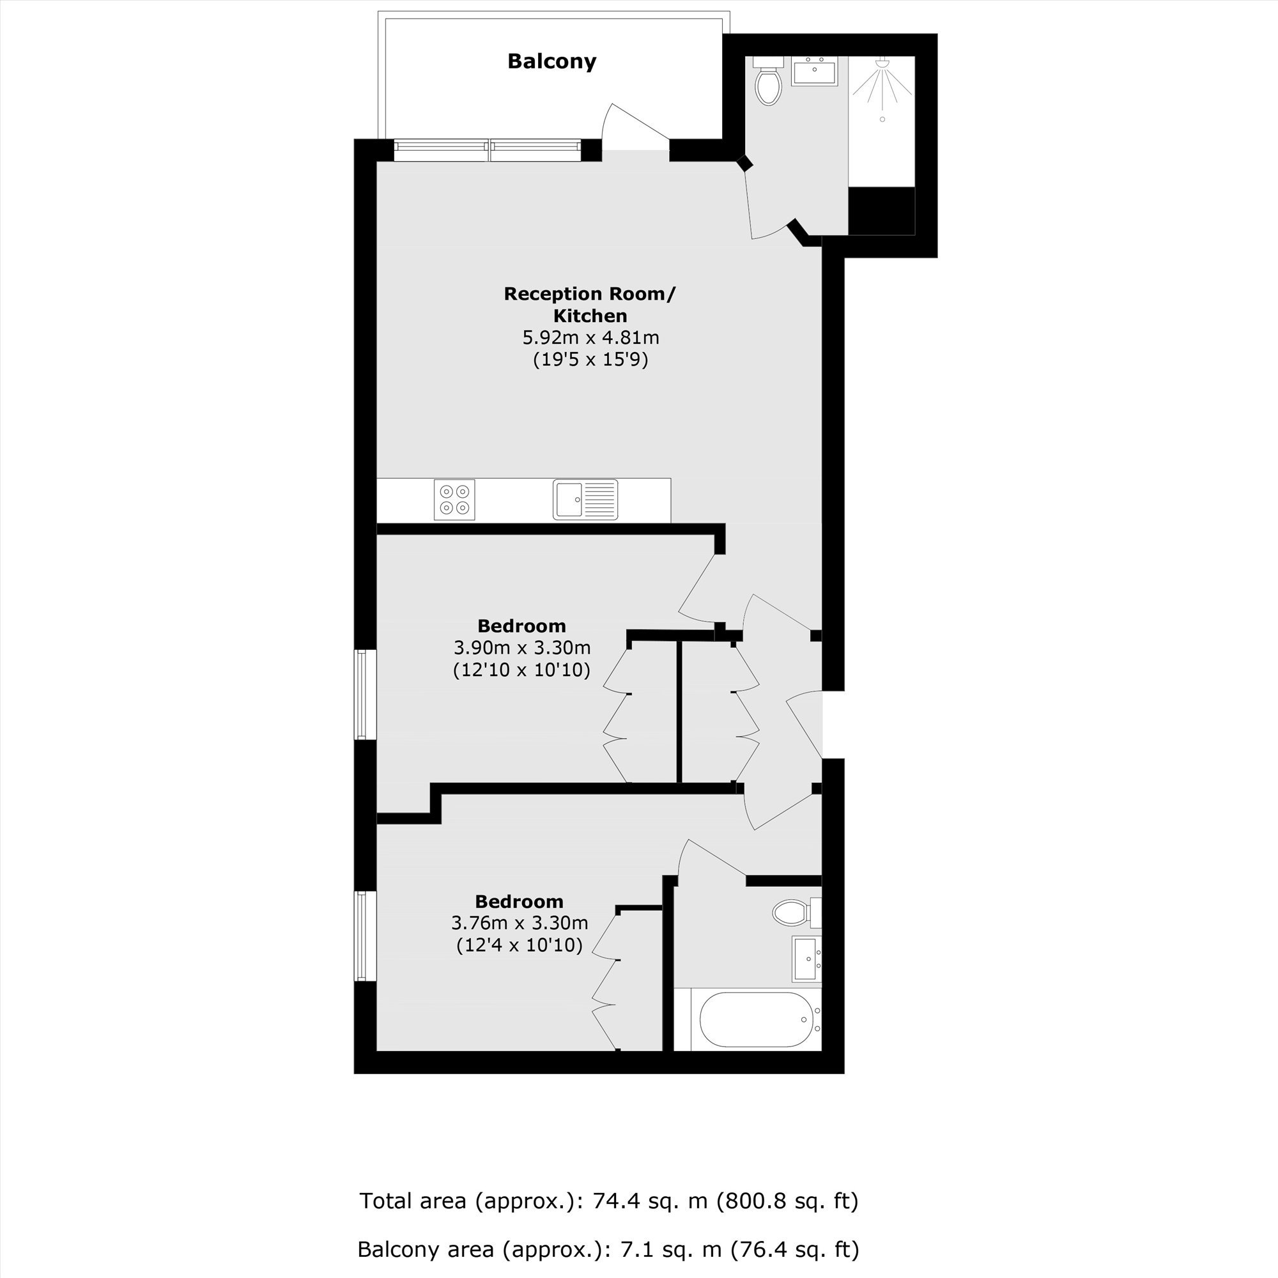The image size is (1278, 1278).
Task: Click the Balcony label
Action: coord(551,61)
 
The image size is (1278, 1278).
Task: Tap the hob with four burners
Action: coord(454,500)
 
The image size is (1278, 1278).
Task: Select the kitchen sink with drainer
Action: coord(585,500)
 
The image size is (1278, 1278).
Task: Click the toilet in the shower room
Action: coord(768,81)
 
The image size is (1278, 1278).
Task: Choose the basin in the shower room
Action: coord(815,71)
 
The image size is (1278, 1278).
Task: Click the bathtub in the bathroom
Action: coord(755,1019)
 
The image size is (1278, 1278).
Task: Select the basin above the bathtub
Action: coord(807,958)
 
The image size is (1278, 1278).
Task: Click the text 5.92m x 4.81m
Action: coord(590,338)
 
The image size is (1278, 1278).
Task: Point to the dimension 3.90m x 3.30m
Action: coord(522,647)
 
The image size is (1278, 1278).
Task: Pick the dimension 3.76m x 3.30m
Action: coord(520,923)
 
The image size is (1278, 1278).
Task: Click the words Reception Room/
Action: coord(590,294)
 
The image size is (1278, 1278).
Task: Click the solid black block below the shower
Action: coord(882,210)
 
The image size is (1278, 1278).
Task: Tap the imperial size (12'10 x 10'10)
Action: coord(522,670)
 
